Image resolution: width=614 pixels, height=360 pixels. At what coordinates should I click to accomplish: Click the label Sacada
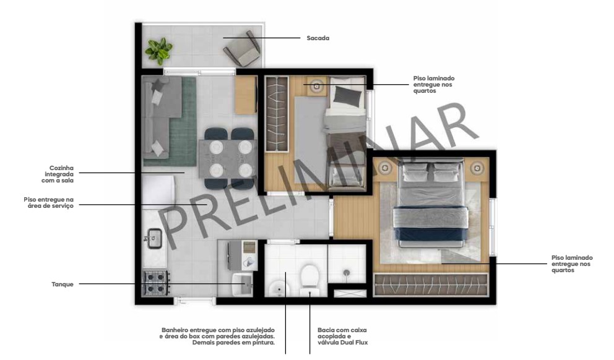(318, 38)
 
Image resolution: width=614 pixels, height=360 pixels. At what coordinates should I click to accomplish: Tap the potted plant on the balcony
(158, 51)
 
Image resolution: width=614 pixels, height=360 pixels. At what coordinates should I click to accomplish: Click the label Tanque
(63, 284)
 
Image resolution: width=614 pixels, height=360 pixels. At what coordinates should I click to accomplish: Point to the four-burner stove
(156, 283)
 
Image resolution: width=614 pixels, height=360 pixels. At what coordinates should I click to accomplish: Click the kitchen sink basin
(154, 238)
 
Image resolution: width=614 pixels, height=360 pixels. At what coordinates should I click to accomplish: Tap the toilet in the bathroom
(309, 280)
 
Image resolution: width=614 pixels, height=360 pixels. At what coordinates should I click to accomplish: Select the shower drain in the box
(347, 273)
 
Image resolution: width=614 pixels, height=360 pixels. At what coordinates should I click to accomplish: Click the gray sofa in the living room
(160, 117)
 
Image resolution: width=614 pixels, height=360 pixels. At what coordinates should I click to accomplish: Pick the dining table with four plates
(228, 159)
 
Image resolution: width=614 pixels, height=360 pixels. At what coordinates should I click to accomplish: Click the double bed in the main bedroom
(431, 204)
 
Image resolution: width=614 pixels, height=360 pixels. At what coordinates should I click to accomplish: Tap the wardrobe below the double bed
(431, 285)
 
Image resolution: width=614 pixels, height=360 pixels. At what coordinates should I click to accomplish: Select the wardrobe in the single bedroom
(277, 114)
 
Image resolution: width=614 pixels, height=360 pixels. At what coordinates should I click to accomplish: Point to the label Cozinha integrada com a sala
(58, 174)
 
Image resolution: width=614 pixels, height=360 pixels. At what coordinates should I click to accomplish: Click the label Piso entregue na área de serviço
(48, 202)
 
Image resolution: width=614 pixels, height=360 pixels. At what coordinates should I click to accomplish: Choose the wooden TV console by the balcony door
(246, 95)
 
